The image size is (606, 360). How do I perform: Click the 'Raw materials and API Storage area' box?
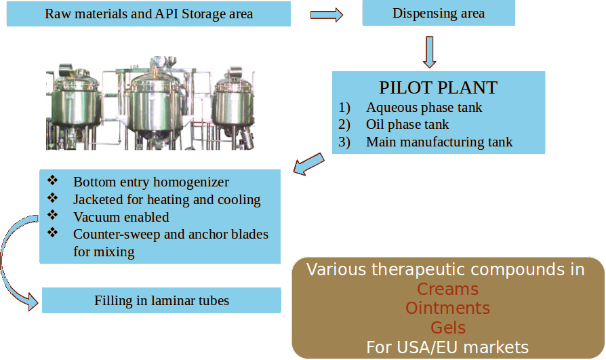(148, 14)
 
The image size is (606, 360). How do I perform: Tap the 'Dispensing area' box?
(439, 14)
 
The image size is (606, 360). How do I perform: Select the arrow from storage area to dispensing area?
(327, 15)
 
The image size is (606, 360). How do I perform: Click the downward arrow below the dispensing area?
(429, 52)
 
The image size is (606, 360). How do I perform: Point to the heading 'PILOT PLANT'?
(438, 88)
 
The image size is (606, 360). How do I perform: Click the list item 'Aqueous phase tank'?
(424, 107)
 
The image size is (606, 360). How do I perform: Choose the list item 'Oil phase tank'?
(407, 124)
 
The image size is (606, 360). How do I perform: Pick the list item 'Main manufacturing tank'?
(439, 142)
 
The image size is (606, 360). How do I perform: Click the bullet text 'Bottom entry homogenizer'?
(150, 182)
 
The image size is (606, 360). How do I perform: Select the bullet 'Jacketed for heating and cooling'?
(167, 199)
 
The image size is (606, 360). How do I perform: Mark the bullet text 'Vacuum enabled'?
(121, 217)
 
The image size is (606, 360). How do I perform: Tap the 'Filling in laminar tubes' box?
(161, 300)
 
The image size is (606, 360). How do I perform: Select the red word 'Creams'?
(447, 289)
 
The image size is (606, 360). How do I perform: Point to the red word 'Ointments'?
(447, 308)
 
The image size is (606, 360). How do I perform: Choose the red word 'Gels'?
(447, 328)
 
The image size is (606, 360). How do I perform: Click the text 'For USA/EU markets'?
(447, 348)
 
